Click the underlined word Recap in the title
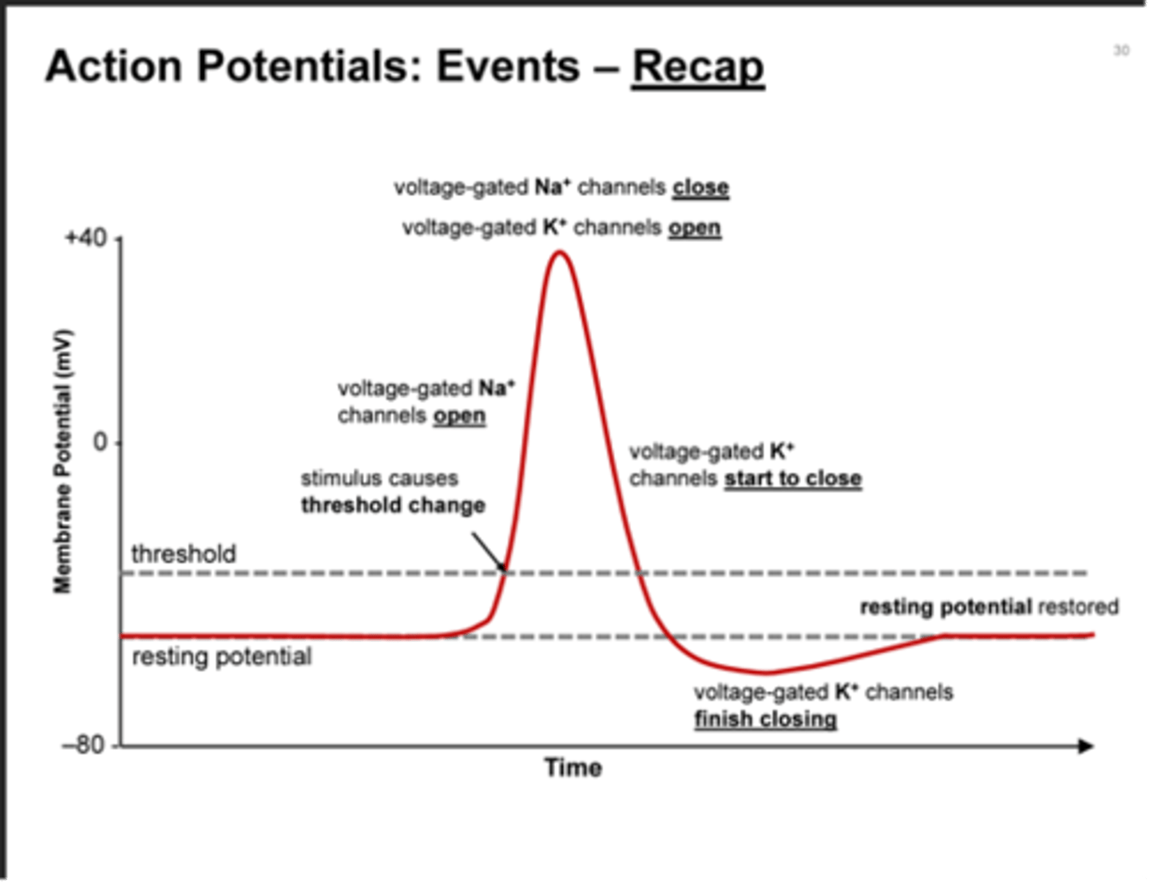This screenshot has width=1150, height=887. (x=698, y=65)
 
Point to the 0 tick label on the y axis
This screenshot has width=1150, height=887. (x=101, y=442)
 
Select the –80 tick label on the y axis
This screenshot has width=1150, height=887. (x=84, y=746)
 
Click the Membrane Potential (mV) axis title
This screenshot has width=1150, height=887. (x=62, y=461)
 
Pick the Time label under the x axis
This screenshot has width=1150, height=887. (x=573, y=768)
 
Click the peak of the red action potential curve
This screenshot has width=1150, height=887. (x=561, y=253)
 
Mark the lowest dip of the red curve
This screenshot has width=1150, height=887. (x=765, y=672)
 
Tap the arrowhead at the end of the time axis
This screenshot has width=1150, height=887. (x=1085, y=746)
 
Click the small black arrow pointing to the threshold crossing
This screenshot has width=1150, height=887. (x=488, y=552)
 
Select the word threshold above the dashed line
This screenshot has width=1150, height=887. (x=184, y=553)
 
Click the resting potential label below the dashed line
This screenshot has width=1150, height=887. (x=221, y=657)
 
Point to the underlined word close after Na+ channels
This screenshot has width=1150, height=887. (x=700, y=188)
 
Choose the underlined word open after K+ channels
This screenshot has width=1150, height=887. (x=695, y=228)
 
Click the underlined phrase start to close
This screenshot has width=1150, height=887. (x=793, y=479)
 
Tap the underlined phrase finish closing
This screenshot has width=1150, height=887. (x=765, y=719)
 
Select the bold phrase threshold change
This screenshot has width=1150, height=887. (x=393, y=505)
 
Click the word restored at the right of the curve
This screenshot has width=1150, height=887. (x=1078, y=608)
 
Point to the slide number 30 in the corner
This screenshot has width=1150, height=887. (x=1121, y=51)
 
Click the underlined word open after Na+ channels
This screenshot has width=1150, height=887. (x=459, y=416)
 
